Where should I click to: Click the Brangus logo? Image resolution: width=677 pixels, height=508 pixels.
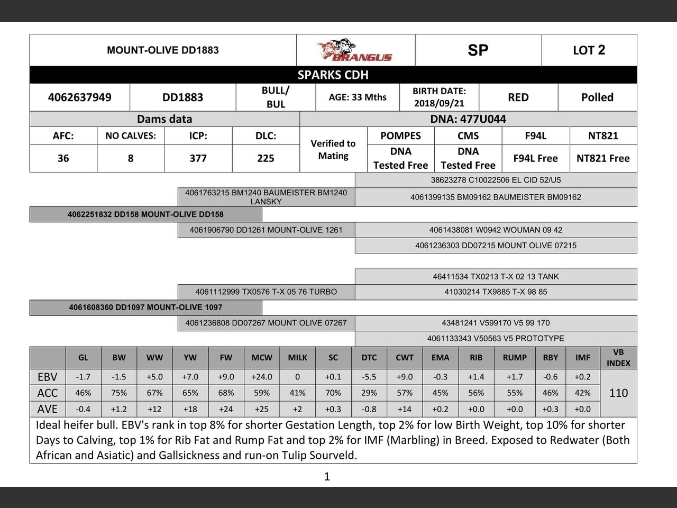point(355,50)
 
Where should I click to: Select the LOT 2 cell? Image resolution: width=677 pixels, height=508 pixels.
point(589,50)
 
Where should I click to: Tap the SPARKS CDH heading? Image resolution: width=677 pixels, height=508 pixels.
point(333,75)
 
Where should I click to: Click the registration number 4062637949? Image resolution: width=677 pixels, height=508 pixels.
point(79,97)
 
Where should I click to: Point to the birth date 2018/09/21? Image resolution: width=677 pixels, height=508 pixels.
point(439,103)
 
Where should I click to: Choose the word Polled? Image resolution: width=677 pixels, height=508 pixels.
point(597,97)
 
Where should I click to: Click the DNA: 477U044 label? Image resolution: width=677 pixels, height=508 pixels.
point(468,119)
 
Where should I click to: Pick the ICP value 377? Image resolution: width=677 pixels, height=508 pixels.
point(198,158)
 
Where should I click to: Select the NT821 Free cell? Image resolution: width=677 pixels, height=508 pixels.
point(603,158)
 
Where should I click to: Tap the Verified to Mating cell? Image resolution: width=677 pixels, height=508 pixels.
point(333,150)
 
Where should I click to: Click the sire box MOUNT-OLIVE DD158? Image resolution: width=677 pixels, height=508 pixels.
point(145,214)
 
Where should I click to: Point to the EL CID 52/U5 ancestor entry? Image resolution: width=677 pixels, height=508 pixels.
point(496,180)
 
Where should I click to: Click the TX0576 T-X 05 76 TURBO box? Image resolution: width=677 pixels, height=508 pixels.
point(266,292)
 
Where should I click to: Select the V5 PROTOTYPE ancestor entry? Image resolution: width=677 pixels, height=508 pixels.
point(496,338)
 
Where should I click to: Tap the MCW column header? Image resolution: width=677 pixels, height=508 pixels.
point(262,358)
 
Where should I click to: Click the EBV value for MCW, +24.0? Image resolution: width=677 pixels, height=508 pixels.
point(262,377)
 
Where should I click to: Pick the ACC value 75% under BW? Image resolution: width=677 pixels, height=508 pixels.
point(119,393)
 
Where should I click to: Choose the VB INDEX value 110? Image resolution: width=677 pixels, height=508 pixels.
point(618,393)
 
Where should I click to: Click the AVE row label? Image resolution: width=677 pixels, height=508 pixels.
point(48,409)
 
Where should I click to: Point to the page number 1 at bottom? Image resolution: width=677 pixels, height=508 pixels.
point(327,477)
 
